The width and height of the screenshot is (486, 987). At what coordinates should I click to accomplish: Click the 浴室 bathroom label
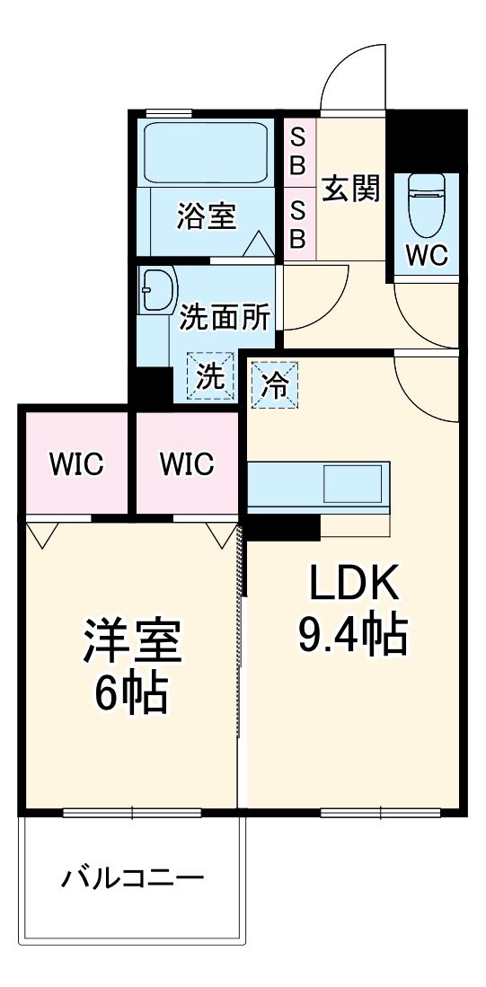(206, 216)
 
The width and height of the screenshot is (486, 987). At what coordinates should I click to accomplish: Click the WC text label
(426, 256)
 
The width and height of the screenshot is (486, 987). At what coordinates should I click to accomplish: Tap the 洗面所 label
(225, 317)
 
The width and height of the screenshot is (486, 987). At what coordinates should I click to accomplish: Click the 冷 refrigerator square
(274, 385)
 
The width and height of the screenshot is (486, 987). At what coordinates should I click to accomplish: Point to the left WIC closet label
(75, 464)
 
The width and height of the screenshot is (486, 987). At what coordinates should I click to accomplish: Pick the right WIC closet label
(187, 464)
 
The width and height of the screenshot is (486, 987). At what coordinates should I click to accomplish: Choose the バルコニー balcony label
(132, 877)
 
